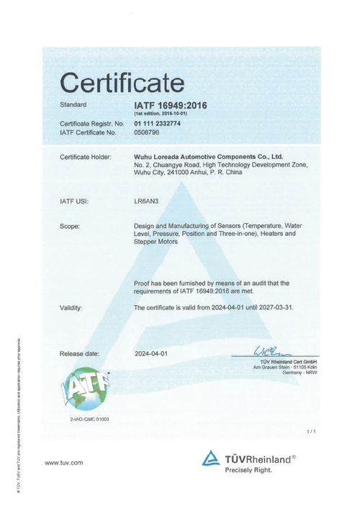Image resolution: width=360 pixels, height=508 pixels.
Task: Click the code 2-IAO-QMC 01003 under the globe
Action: (x=85, y=419)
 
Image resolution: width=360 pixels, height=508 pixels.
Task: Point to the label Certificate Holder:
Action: (x=86, y=157)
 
